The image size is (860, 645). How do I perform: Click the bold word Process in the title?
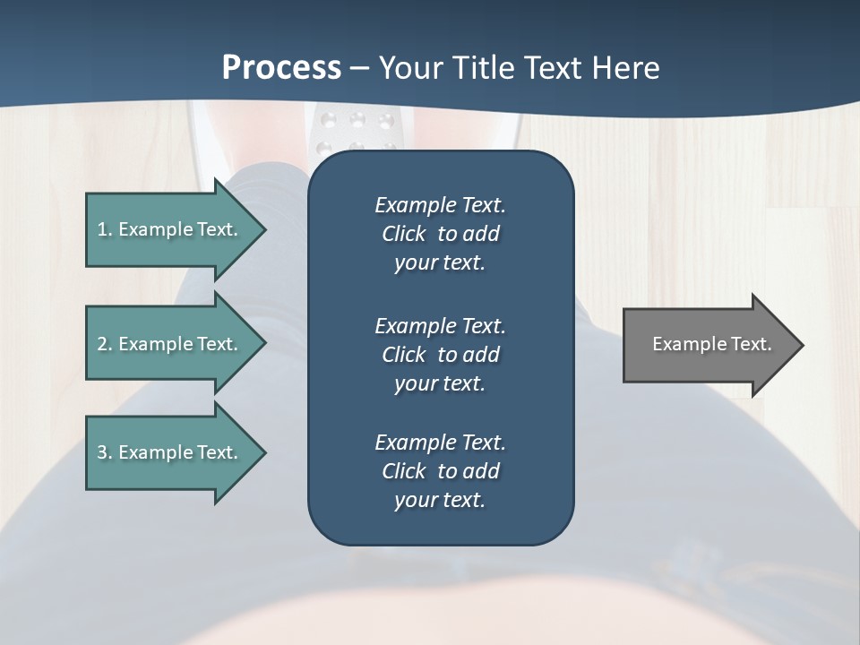pyautogui.click(x=281, y=68)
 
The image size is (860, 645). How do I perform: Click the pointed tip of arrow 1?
pyautogui.click(x=262, y=229)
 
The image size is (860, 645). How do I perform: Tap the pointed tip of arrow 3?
pyautogui.click(x=262, y=452)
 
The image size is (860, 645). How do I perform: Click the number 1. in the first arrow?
pyautogui.click(x=104, y=229)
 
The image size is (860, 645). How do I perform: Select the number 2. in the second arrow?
pyautogui.click(x=104, y=344)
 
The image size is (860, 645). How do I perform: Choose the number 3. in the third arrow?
pyautogui.click(x=104, y=452)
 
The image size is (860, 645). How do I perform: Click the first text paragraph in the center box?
pyautogui.click(x=440, y=234)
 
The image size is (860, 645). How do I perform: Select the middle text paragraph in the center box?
pyautogui.click(x=440, y=355)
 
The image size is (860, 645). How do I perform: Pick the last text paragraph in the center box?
pyautogui.click(x=440, y=471)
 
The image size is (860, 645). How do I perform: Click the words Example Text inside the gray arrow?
pyautogui.click(x=711, y=344)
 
